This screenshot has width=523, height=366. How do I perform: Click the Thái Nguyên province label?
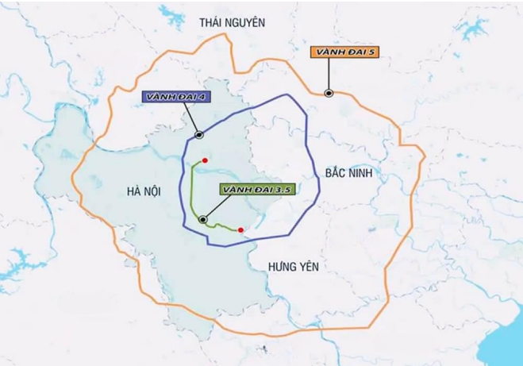coord(231,23)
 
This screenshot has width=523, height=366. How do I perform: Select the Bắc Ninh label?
coord(348,171)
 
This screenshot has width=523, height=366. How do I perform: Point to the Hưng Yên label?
coord(293,267)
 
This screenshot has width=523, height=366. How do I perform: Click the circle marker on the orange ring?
coord(328,94)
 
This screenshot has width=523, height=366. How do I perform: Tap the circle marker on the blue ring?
coord(198,135)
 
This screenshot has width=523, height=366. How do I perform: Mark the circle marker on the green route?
coord(204,219)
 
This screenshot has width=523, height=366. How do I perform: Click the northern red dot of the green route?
coord(205,160)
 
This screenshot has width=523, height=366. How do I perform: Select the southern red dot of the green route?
coord(240,230)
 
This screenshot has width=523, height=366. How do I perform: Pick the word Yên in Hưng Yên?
coord(308,267)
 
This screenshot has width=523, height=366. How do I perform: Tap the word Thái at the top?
coord(210,23)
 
